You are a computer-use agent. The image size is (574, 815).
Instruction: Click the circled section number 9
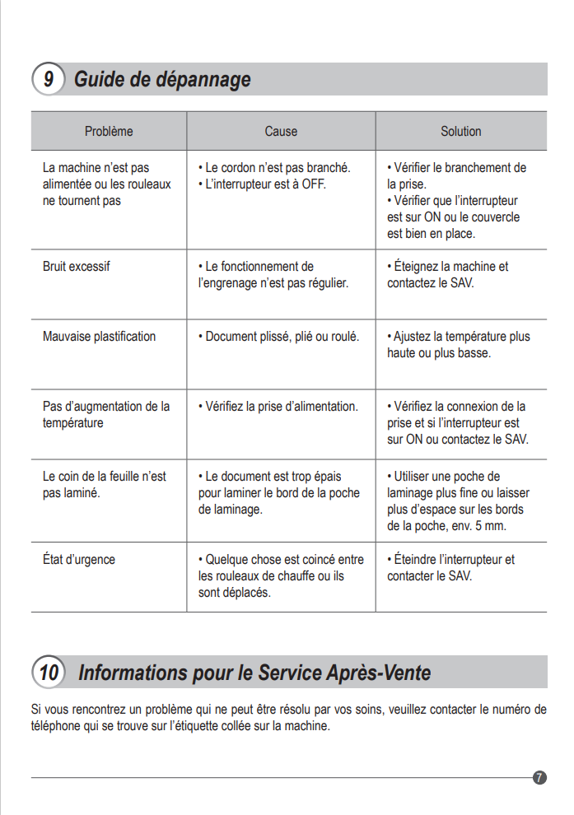[x=49, y=80]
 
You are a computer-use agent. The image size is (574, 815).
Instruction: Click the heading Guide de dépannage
[x=162, y=80]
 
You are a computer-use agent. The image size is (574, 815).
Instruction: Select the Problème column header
[x=109, y=131]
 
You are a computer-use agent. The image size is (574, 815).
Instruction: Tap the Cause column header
[x=281, y=131]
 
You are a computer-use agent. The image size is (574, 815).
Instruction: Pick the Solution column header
[x=461, y=131]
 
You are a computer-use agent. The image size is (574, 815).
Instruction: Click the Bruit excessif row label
[x=76, y=267]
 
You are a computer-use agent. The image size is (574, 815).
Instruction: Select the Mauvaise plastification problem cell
[x=99, y=337]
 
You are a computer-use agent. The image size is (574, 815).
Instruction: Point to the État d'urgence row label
[x=79, y=560]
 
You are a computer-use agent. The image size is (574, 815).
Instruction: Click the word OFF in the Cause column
[x=314, y=184]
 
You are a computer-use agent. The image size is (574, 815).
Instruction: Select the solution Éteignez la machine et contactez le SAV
[x=450, y=275]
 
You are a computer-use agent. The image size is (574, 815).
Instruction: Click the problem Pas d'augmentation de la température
[x=106, y=415]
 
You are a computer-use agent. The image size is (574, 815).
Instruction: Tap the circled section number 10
[x=49, y=673]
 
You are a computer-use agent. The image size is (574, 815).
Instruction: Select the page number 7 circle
[x=540, y=777]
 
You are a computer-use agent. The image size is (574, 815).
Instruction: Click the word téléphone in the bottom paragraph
[x=56, y=726]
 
